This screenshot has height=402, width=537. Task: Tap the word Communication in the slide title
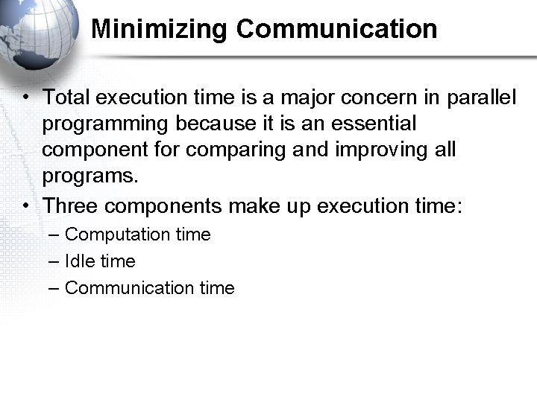point(336,29)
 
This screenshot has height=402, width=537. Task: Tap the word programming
point(105,124)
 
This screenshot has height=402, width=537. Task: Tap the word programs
point(90,176)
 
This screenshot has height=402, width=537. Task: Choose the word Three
point(70,205)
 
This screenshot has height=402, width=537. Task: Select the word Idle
point(78,261)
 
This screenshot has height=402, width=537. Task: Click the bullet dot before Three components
point(26,205)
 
